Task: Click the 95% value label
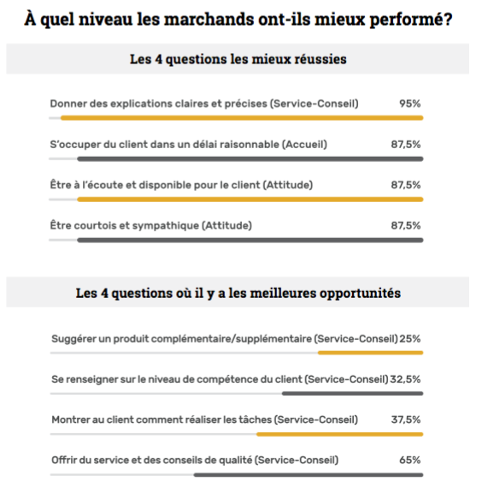(409, 104)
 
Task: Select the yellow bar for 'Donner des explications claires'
(242, 118)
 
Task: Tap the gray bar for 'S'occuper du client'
(250, 158)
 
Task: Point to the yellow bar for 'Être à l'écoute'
(250, 199)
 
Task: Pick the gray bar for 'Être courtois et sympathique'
(250, 240)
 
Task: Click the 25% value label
(410, 339)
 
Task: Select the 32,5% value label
(405, 379)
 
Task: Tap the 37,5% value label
(406, 420)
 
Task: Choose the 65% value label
(410, 460)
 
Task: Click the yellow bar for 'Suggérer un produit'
(371, 353)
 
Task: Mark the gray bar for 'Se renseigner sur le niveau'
(353, 394)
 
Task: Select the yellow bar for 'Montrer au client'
(340, 434)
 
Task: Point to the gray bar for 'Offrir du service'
(309, 475)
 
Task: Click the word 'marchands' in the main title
(209, 19)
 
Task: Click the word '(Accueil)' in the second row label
(304, 145)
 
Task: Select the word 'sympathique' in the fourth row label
(166, 226)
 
